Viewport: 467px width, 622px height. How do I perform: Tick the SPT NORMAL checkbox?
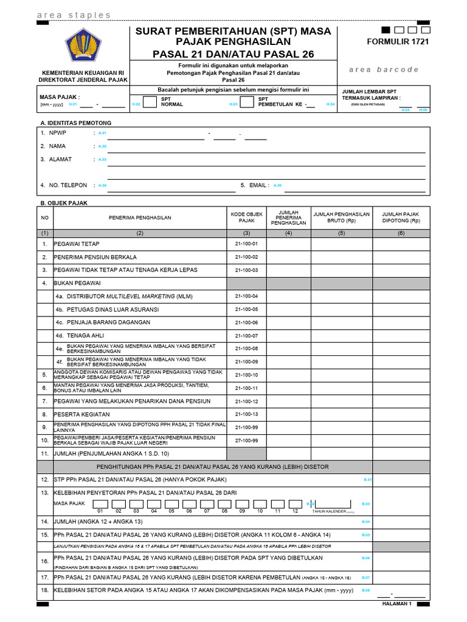point(150,101)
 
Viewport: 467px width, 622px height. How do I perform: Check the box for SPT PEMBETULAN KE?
point(247,101)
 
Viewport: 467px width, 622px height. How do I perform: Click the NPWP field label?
point(57,132)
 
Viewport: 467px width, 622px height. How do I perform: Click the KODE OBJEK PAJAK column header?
point(246,217)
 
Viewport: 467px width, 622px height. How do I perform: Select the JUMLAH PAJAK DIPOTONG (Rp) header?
point(401,217)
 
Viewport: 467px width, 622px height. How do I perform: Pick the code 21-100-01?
point(246,244)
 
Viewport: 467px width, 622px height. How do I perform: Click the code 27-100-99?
point(246,440)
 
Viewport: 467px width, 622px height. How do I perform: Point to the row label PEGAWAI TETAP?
point(77,244)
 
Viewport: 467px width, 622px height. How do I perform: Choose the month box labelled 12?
point(294,504)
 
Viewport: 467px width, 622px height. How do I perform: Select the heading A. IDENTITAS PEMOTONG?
point(76,123)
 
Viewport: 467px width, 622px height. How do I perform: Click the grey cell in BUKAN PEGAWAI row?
point(246,283)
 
